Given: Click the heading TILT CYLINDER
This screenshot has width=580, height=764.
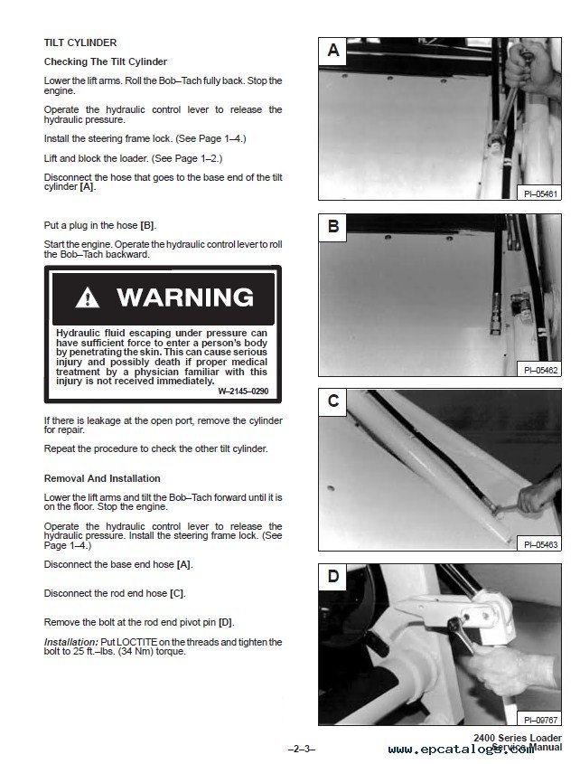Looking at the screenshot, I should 80,42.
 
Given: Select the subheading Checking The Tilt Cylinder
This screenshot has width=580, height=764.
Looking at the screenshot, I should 106,61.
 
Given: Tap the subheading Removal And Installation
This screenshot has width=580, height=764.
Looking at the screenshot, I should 102,478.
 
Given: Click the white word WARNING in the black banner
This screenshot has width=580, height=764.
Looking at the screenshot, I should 184,297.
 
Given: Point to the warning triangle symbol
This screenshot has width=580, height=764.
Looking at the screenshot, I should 88,297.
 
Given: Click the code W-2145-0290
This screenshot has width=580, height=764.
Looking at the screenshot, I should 242,391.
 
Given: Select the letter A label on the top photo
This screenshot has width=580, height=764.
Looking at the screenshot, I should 333,52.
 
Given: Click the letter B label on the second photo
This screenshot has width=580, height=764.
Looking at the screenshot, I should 333,227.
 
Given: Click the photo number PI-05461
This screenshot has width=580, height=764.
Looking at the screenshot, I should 540,193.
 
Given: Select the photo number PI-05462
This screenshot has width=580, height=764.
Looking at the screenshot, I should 540,369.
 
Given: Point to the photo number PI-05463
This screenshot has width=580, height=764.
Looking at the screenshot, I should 540,544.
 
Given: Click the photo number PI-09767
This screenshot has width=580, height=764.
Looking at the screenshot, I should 540,719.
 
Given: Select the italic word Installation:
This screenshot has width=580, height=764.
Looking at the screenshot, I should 70,641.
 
